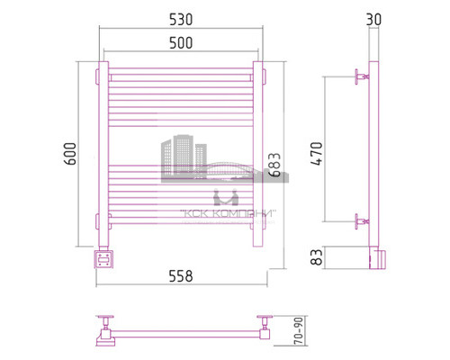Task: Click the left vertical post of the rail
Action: [x=104, y=153]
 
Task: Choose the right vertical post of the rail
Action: [x=258, y=153]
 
